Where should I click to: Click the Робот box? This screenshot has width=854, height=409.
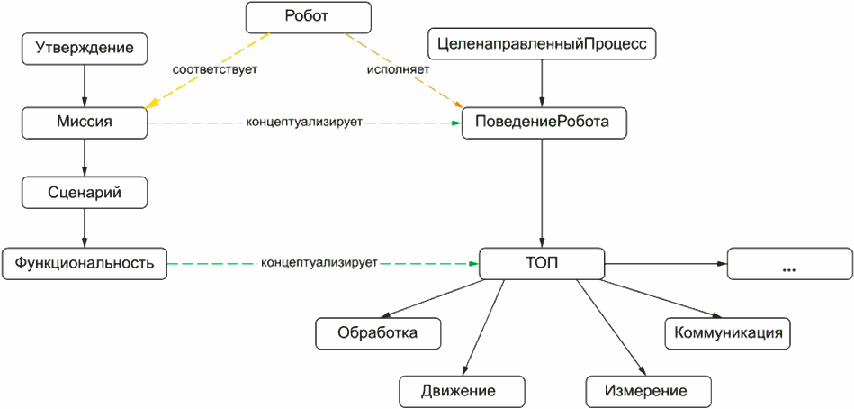click(x=309, y=16)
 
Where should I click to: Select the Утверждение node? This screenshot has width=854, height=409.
click(x=85, y=48)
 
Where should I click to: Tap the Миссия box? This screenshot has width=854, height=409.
click(x=85, y=123)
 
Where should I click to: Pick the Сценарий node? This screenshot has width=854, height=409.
click(x=85, y=193)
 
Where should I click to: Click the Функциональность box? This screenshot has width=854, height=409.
click(x=85, y=263)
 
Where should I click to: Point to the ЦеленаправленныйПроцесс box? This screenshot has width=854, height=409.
click(x=541, y=44)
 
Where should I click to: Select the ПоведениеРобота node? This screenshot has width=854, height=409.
click(x=542, y=123)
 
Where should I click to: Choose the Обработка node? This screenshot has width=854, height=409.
click(x=378, y=332)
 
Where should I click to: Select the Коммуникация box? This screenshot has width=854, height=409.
click(x=728, y=332)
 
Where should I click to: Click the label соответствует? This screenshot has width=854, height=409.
click(x=214, y=69)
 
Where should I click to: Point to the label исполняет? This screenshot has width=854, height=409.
click(x=398, y=69)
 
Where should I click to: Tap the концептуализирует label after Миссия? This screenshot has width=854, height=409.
click(x=304, y=123)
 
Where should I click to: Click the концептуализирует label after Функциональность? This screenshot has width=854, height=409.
click(x=319, y=263)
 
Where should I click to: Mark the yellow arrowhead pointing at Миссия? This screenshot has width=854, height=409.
click(x=153, y=102)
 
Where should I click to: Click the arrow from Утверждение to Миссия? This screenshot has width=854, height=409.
click(x=85, y=85)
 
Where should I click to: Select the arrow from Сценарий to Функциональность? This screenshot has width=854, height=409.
click(x=85, y=228)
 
